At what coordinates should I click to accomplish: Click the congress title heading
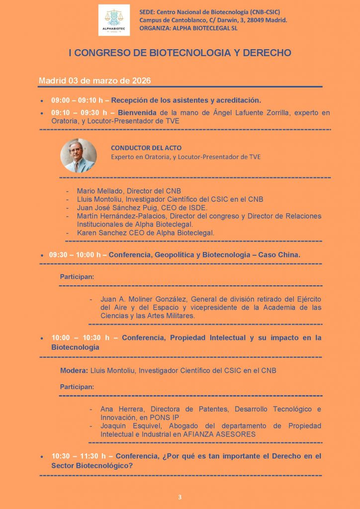(180, 53)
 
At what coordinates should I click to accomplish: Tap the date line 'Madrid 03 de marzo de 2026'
(95, 81)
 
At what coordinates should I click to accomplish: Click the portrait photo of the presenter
(78, 156)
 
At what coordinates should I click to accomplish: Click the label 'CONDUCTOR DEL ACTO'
(146, 148)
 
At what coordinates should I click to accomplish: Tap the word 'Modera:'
(74, 371)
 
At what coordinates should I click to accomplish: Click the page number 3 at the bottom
(180, 497)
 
